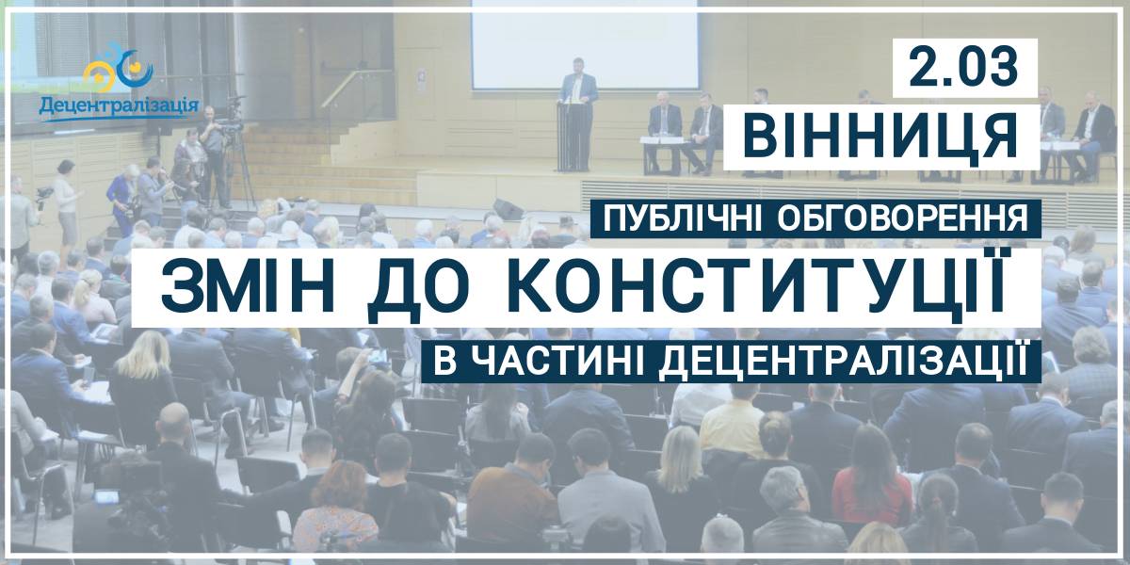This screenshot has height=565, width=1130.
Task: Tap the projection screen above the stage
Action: click(585, 42)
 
